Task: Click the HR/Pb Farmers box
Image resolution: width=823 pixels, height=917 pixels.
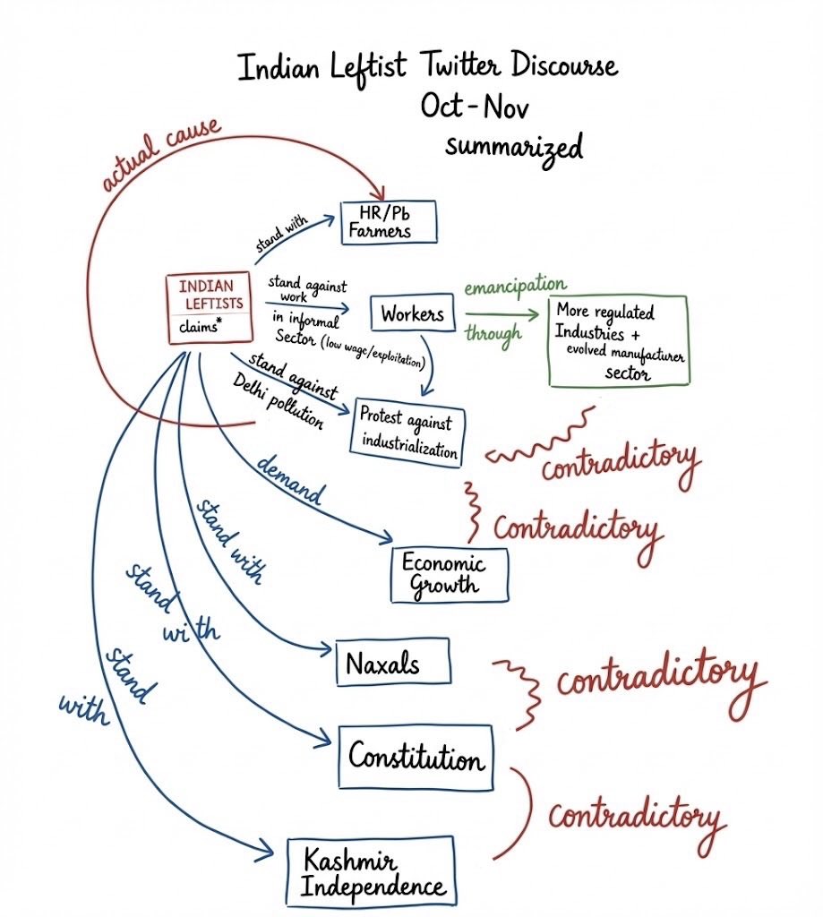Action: pyautogui.click(x=388, y=222)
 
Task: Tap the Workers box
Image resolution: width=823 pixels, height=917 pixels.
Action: pyautogui.click(x=412, y=315)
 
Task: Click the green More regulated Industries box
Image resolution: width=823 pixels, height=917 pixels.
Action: pyautogui.click(x=619, y=340)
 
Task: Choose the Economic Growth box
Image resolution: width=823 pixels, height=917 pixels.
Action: pyautogui.click(x=449, y=575)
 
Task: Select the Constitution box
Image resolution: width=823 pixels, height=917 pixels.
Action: pyautogui.click(x=416, y=758)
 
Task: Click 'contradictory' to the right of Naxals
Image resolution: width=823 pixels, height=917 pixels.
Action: pyautogui.click(x=656, y=677)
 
